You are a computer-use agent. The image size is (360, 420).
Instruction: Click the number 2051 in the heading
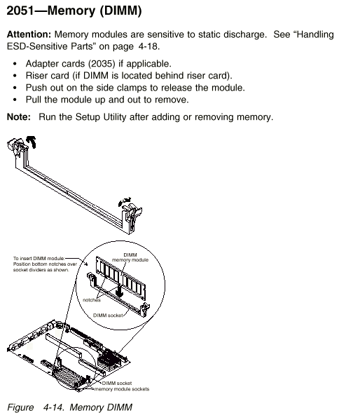(20, 11)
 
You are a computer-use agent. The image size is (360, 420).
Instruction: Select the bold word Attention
(29, 34)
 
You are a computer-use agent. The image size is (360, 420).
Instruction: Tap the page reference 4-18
(149, 46)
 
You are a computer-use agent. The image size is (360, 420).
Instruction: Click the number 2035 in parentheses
(102, 64)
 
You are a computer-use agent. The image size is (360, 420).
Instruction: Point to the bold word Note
(19, 117)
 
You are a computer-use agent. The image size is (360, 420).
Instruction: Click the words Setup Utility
(101, 117)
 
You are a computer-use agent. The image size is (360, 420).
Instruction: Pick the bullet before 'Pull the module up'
(15, 100)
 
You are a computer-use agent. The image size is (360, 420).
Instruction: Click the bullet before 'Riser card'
(15, 76)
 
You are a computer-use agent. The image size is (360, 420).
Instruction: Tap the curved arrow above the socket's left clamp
(32, 141)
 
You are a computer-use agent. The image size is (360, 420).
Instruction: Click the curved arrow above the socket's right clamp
(125, 201)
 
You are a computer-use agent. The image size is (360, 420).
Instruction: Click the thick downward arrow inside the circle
(119, 290)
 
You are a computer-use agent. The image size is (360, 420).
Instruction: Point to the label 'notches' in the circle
(92, 300)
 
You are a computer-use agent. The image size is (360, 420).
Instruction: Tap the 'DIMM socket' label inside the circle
(108, 316)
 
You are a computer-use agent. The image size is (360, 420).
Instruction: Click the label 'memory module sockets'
(122, 389)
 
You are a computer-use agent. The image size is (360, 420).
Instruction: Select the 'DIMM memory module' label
(130, 257)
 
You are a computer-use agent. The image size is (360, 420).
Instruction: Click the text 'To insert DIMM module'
(39, 259)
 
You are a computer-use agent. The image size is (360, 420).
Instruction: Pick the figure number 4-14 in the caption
(53, 407)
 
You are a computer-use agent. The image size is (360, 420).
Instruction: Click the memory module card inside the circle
(121, 278)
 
